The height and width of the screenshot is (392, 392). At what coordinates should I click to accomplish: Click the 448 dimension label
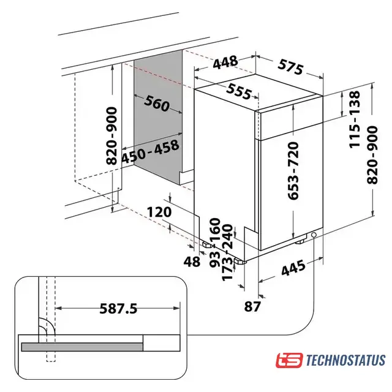pyautogui.click(x=225, y=62)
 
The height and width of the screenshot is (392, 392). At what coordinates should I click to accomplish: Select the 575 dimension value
pyautogui.click(x=291, y=67)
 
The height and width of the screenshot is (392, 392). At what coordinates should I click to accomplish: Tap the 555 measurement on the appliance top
pyautogui.click(x=239, y=91)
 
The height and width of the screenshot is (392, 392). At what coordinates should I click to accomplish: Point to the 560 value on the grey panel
pyautogui.click(x=157, y=103)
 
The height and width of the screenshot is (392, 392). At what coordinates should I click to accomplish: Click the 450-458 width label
pyautogui.click(x=151, y=151)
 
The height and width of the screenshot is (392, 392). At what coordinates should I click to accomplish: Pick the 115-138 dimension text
pyautogui.click(x=355, y=119)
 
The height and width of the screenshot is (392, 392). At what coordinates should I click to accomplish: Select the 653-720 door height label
pyautogui.click(x=293, y=171)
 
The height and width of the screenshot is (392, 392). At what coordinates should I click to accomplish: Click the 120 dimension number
pyautogui.click(x=159, y=213)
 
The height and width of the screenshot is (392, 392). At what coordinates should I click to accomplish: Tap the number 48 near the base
pyautogui.click(x=192, y=262)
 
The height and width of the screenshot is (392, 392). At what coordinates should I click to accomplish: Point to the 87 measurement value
pyautogui.click(x=252, y=306)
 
